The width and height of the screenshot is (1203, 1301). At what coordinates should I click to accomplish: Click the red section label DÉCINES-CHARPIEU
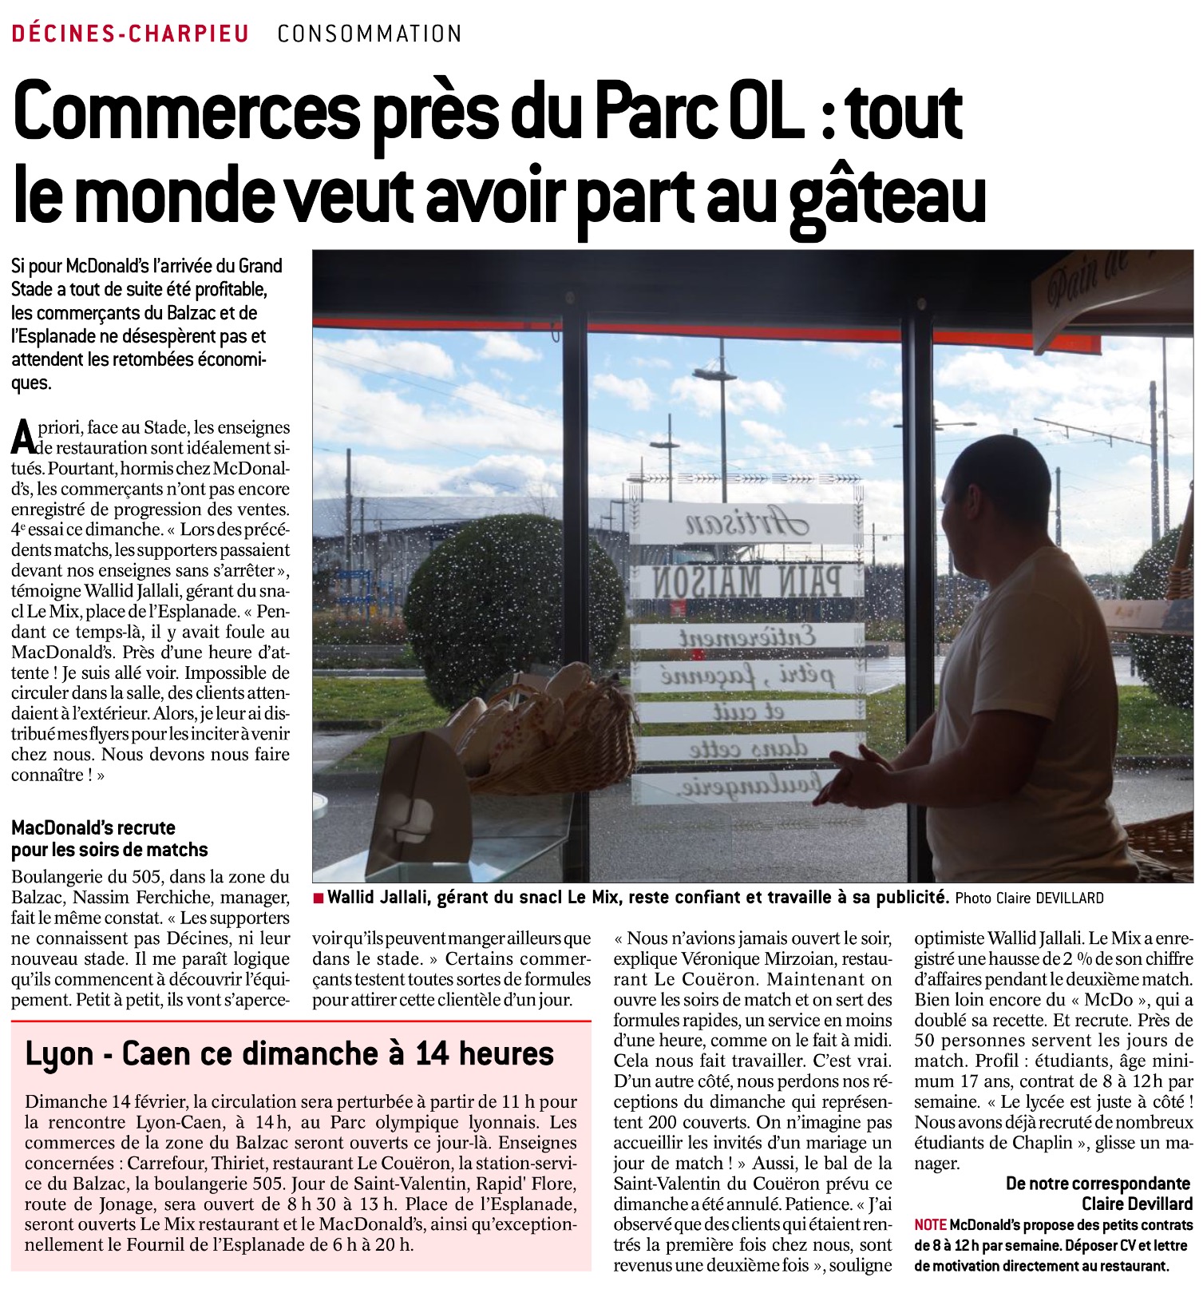[x=130, y=34]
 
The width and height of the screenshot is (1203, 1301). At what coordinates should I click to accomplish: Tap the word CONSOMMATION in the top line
[x=370, y=34]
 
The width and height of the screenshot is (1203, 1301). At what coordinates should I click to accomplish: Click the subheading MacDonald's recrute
[x=93, y=827]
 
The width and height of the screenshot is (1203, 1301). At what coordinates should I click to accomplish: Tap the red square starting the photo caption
[x=319, y=898]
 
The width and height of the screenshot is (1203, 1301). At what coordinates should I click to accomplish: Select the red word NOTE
[x=930, y=1224]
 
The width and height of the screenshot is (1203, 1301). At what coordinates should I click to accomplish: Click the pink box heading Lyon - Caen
[x=290, y=1053]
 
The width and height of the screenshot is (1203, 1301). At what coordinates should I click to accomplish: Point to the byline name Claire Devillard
[x=1137, y=1204]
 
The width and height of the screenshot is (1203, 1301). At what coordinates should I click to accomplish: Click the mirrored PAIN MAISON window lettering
[x=747, y=582]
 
